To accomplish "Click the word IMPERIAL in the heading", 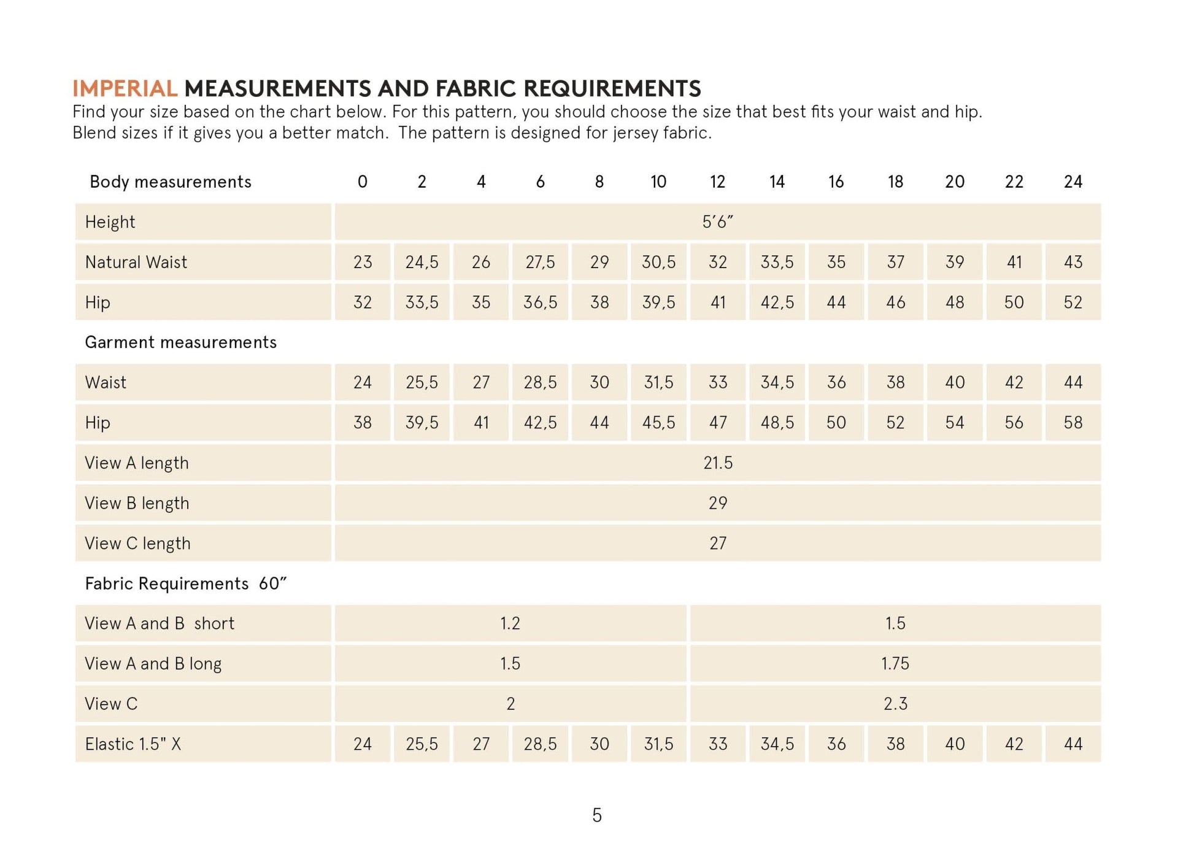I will click(125, 89).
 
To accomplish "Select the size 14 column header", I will click(777, 182).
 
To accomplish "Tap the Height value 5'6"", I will click(717, 221).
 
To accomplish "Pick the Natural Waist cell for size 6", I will click(540, 262).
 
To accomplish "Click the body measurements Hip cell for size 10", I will click(658, 302).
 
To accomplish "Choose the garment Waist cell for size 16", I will click(836, 382).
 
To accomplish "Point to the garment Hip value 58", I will click(1073, 423).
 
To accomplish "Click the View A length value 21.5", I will click(717, 463).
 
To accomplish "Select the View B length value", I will click(717, 503).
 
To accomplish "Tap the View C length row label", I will click(137, 544).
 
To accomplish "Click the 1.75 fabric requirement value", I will click(895, 663).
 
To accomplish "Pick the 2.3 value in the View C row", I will click(895, 704).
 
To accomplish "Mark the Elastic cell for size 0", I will click(362, 744).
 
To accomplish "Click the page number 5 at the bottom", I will click(597, 815).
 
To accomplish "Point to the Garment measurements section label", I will click(180, 342).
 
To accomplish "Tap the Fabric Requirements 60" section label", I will click(185, 583).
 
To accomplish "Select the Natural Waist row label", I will click(136, 262).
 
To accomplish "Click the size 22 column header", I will click(1014, 182).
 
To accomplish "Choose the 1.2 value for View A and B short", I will click(510, 623).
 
